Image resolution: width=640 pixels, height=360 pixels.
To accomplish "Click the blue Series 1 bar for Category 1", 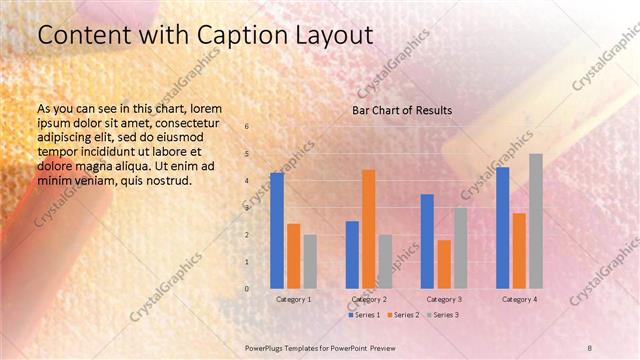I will click(x=277, y=231).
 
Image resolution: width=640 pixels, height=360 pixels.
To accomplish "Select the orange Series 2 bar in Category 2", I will click(x=369, y=229).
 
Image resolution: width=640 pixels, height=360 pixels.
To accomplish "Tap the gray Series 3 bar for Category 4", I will click(x=536, y=221).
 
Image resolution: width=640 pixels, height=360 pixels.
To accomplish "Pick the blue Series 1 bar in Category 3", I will click(x=427, y=241).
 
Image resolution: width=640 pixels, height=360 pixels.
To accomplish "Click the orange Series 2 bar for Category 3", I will click(x=444, y=264).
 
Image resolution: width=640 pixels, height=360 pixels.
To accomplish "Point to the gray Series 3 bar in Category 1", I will click(x=310, y=262).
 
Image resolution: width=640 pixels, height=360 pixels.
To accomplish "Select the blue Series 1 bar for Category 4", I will click(x=503, y=228).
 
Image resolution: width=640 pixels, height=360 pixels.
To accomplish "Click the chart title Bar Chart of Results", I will click(x=402, y=110).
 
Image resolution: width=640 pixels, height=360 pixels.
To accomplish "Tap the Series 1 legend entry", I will click(x=364, y=315).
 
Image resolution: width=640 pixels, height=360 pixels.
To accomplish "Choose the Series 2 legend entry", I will click(x=403, y=315).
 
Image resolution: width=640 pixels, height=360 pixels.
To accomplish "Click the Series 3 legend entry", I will click(x=443, y=315).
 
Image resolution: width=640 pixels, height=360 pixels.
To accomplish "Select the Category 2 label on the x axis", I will click(x=369, y=299).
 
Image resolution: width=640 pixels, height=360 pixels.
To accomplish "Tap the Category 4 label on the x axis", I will click(x=519, y=299).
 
